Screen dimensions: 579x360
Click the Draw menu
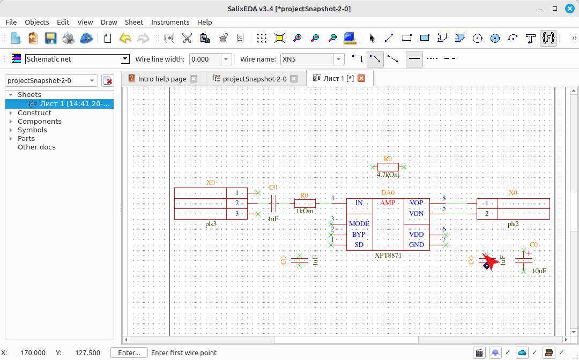[x=109, y=22]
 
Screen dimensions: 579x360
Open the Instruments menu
[x=170, y=22]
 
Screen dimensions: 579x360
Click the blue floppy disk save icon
[x=50, y=38]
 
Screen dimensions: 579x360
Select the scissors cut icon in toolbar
[x=187, y=38]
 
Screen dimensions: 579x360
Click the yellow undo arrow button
[x=125, y=38]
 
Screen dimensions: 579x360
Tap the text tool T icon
[x=531, y=38]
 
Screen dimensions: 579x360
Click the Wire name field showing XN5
[x=307, y=59]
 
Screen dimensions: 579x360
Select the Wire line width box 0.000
[x=205, y=59]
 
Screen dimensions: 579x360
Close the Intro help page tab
[x=194, y=79]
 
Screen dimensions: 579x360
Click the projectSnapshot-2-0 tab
[x=255, y=79]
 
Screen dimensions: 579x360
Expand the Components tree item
[x=11, y=122]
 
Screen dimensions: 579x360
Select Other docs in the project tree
[x=36, y=147]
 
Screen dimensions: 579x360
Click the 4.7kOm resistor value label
[x=388, y=175]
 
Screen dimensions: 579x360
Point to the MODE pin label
[x=359, y=224]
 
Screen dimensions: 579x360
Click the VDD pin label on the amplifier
[x=416, y=235]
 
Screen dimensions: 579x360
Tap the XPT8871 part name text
[x=388, y=255]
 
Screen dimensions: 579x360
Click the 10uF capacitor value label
[x=539, y=271]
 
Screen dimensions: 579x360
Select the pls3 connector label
[x=211, y=224]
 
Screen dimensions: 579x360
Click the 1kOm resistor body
[x=305, y=203]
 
